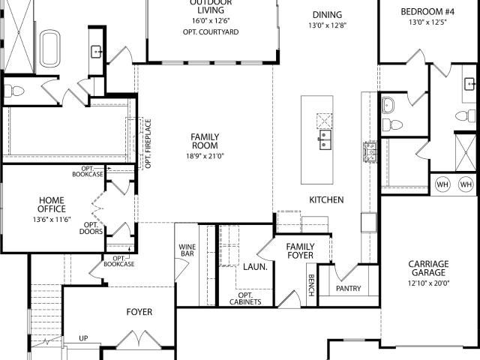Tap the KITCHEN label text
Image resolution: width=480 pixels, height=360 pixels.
click(x=326, y=200)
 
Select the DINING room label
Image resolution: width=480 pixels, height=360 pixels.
click(x=326, y=15)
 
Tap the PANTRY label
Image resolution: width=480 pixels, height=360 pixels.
click(x=348, y=289)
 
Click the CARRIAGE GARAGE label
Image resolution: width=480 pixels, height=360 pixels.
click(x=428, y=268)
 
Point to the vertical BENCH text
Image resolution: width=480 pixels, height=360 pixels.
click(x=310, y=285)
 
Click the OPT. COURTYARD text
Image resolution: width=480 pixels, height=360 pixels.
click(x=210, y=32)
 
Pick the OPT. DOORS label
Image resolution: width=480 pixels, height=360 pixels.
click(x=91, y=228)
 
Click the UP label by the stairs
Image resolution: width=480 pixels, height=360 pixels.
click(x=83, y=338)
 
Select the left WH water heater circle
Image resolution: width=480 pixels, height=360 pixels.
click(x=442, y=184)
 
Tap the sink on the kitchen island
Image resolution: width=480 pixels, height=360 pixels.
click(x=325, y=139)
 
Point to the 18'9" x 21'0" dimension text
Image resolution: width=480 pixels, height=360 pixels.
click(x=204, y=156)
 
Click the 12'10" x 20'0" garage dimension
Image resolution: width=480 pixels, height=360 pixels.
click(x=428, y=283)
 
